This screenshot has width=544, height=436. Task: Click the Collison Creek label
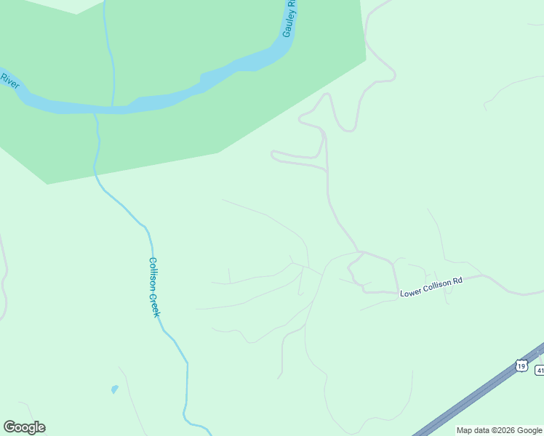click(x=154, y=286)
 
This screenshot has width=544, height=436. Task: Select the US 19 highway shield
click(x=521, y=366)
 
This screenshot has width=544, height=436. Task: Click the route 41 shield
click(x=540, y=371)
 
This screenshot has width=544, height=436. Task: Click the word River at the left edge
click(x=9, y=80)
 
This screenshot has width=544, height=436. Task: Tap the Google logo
click(x=24, y=427)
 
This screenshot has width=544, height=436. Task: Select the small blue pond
click(x=115, y=389)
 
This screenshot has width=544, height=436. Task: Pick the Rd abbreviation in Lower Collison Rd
click(x=457, y=281)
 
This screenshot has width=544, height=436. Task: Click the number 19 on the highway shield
click(x=521, y=366)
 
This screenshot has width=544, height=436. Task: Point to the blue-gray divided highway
click(x=473, y=399)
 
